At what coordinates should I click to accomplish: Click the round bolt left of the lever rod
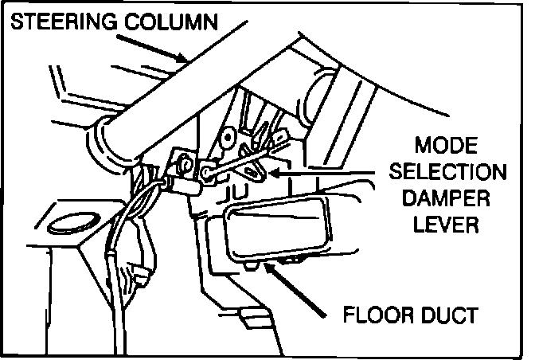(185, 164)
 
